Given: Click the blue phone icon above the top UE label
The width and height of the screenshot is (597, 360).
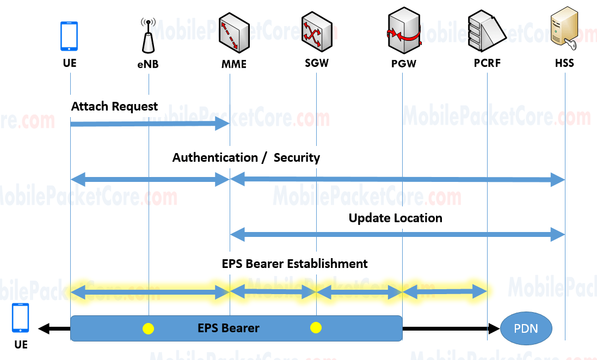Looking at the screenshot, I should point(69,36).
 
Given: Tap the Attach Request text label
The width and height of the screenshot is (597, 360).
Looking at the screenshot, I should point(114,106).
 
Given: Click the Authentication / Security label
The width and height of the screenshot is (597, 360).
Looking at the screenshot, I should point(246,158).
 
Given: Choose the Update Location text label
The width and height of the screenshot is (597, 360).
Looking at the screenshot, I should point(395,218).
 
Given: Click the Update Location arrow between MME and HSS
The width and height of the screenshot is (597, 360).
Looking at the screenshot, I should point(397,235).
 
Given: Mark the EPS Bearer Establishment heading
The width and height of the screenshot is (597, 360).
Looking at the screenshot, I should point(294,264).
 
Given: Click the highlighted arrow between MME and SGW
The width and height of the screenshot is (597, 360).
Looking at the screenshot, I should point(273,292).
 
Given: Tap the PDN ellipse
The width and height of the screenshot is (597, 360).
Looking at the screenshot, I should point(526,328).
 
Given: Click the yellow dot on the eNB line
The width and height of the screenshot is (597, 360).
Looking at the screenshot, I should point(148,328).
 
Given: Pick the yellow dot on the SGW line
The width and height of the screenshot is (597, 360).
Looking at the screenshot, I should point(316,327).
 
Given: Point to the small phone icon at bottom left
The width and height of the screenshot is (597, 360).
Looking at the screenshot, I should point(21,318).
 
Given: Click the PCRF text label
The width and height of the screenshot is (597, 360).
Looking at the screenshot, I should point(487,63).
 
